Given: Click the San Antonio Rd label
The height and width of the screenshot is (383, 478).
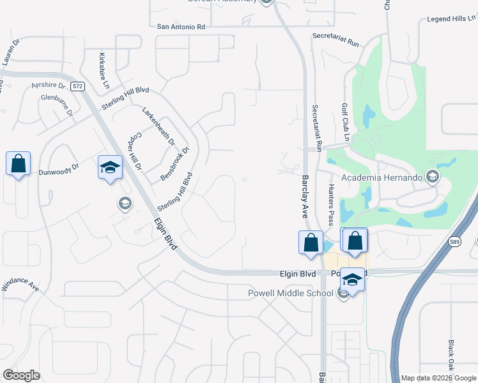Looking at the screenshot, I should tap(182, 27).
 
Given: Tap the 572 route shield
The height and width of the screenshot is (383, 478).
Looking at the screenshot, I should tap(78, 86).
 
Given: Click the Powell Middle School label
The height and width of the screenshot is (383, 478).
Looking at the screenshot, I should tap(291, 293).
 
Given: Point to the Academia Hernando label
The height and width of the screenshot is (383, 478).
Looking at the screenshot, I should tap(383, 177).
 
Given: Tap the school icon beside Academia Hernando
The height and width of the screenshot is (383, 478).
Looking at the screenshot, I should tap(433, 177).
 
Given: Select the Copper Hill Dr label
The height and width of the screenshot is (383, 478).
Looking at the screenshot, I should tap(135, 151).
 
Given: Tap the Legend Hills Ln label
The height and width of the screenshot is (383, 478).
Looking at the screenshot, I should tap(451, 19).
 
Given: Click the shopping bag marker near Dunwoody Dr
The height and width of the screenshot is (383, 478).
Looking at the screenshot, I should tap(18, 164).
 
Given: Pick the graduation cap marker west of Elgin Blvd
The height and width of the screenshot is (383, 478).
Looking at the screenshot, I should tap(110, 169).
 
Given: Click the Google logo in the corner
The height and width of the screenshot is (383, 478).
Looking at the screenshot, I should tap(21, 375).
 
